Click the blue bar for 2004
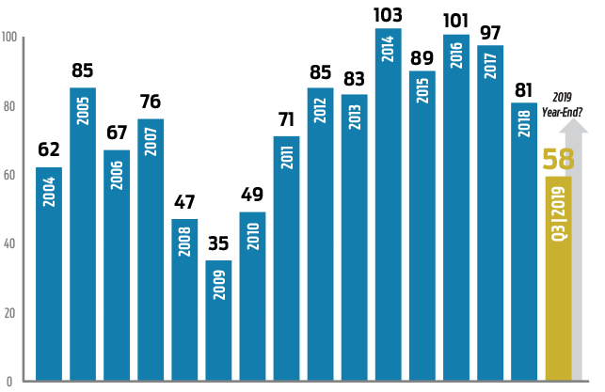click(49, 274)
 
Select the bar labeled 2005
click(83, 234)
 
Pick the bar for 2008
click(184, 300)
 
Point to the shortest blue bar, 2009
click(218, 321)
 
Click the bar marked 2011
click(286, 259)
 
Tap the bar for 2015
click(422, 226)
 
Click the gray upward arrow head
click(578, 127)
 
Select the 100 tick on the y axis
click(10, 38)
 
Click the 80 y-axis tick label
click(10, 106)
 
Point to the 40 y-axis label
click(10, 244)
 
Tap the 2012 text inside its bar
click(320, 109)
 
